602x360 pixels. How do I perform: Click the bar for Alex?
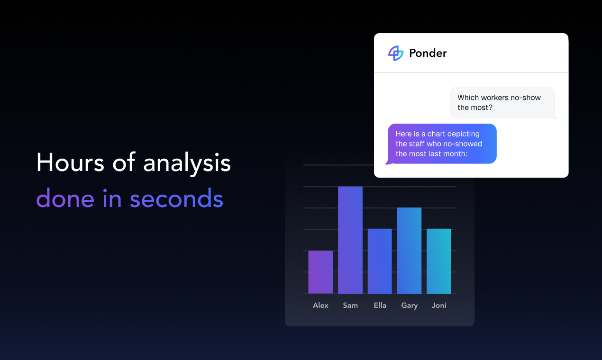click(x=320, y=272)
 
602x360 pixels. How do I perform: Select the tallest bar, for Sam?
click(x=350, y=240)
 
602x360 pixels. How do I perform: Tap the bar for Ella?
click(x=380, y=261)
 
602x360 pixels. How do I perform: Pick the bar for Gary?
click(x=409, y=251)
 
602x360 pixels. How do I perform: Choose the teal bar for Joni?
click(x=439, y=261)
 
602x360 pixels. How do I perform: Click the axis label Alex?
click(x=320, y=305)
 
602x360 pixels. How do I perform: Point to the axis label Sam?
click(x=350, y=305)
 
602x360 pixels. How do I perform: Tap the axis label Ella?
click(x=380, y=305)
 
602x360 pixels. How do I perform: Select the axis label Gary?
click(x=409, y=306)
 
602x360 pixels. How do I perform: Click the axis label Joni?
click(x=439, y=305)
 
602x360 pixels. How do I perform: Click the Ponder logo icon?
click(x=396, y=53)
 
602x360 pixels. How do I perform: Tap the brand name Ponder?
click(x=428, y=53)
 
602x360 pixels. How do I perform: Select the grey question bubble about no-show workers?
click(x=502, y=102)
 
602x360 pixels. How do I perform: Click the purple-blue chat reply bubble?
click(x=442, y=144)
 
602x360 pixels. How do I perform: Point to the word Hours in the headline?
click(x=70, y=162)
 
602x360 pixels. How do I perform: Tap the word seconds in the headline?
click(x=176, y=198)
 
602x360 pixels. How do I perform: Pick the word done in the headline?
click(x=65, y=198)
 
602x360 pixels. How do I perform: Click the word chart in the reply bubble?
click(x=436, y=134)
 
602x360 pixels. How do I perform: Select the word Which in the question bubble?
click(x=468, y=97)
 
